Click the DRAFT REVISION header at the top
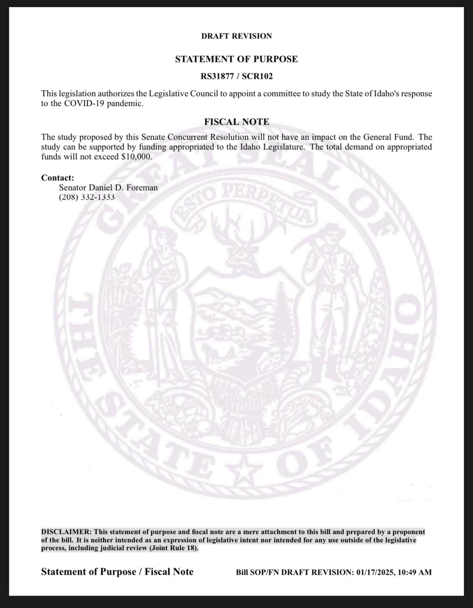pyautogui.click(x=236, y=36)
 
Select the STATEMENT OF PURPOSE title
pyautogui.click(x=236, y=59)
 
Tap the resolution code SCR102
pyautogui.click(x=257, y=76)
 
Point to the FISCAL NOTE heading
pyautogui.click(x=236, y=122)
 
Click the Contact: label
pyautogui.click(x=58, y=178)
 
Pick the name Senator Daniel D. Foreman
pyautogui.click(x=108, y=188)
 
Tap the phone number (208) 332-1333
pyautogui.click(x=87, y=197)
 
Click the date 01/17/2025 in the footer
pyautogui.click(x=374, y=572)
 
